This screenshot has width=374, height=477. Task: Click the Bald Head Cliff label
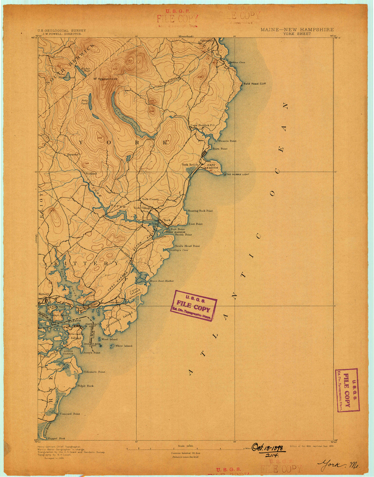[255, 84]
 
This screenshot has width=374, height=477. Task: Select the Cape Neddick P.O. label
[203, 125]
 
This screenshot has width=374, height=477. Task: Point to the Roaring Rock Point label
[200, 211]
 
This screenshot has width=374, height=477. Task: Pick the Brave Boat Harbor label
[162, 281]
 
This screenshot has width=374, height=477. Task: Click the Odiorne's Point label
[95, 372]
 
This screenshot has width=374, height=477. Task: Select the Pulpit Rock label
[85, 386]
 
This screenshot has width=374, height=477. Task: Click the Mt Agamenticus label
[105, 79]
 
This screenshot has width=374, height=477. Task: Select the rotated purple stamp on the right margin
[347, 390]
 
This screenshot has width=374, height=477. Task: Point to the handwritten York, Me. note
[337, 465]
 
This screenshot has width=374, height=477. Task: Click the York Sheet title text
[297, 34]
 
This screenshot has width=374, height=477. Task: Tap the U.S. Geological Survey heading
[61, 31]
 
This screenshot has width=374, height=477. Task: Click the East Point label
[195, 224]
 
